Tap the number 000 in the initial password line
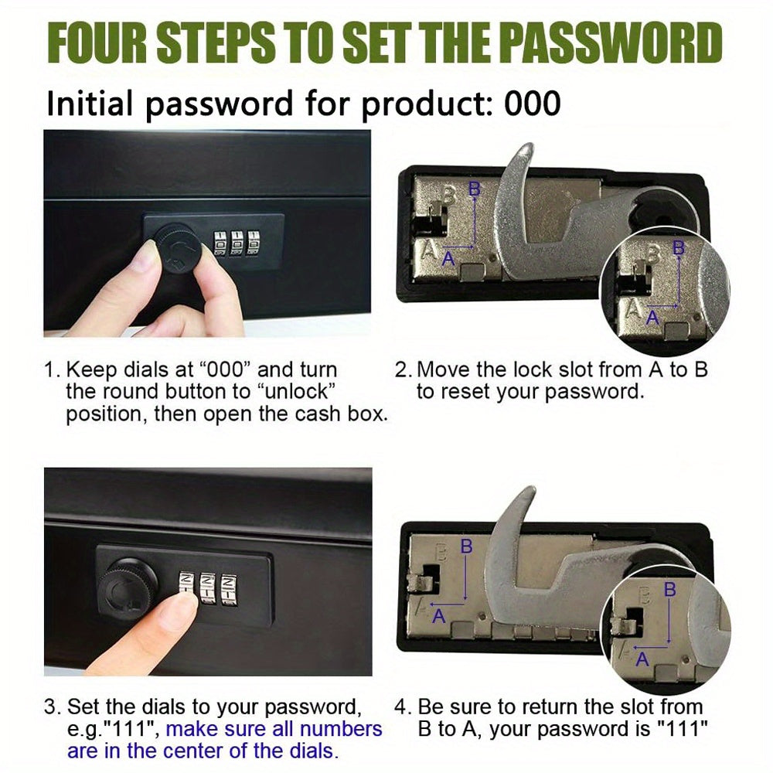coord(533,104)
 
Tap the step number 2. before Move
coord(404,370)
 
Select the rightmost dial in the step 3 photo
coord(228,589)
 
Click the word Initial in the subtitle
coord(89,104)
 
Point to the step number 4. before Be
coord(403,707)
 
